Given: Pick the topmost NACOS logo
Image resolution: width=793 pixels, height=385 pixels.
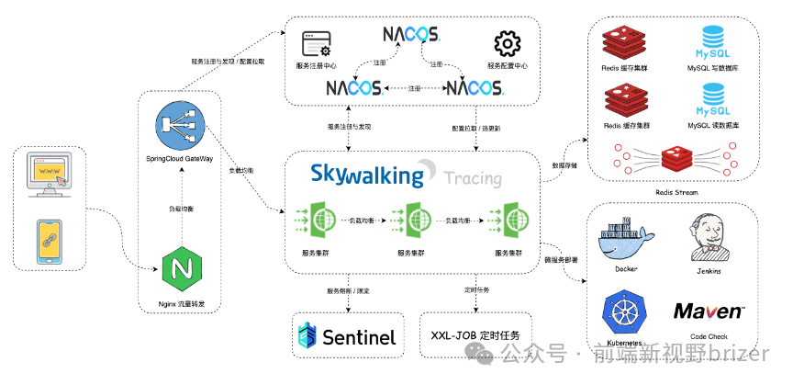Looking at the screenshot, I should [411, 36].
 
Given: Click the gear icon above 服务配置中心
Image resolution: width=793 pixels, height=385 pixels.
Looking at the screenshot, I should [507, 44].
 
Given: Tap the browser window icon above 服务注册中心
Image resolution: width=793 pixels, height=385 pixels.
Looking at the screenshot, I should [318, 44].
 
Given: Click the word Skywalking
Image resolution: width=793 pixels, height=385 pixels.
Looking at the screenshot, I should [368, 174].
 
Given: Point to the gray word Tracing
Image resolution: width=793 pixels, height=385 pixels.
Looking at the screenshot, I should [473, 178].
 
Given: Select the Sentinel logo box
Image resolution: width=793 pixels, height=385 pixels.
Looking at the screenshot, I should [348, 336].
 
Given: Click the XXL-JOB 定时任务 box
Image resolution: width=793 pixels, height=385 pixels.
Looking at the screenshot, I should [475, 335].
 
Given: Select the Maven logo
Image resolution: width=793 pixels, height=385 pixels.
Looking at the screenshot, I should [709, 311].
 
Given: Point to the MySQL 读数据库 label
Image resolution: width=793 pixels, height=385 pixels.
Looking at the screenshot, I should [711, 125].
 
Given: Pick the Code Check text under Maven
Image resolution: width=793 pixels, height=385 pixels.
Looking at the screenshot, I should [709, 336].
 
